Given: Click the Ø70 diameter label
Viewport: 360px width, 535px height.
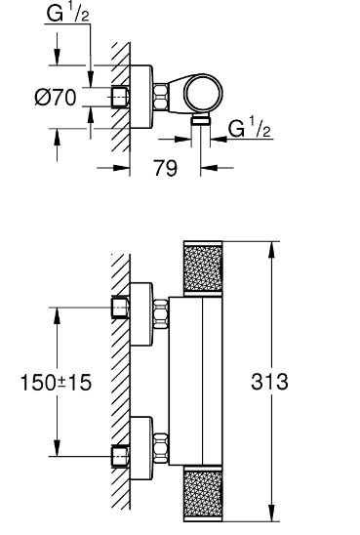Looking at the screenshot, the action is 56,98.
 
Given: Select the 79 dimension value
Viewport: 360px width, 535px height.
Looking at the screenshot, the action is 166,168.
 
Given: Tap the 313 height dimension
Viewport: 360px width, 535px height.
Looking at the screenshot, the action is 269,382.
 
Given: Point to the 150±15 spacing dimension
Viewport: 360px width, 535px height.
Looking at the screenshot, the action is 57,382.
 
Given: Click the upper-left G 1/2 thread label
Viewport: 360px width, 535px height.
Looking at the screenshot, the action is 68,15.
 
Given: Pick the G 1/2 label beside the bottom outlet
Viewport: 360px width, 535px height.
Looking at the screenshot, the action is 250,128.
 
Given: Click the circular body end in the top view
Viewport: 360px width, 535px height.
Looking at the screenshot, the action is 203,93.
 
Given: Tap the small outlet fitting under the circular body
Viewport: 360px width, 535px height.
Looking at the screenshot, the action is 201,120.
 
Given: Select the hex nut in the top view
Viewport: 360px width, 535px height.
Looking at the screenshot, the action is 161,97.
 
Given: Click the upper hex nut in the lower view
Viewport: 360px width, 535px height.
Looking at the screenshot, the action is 161,314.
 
